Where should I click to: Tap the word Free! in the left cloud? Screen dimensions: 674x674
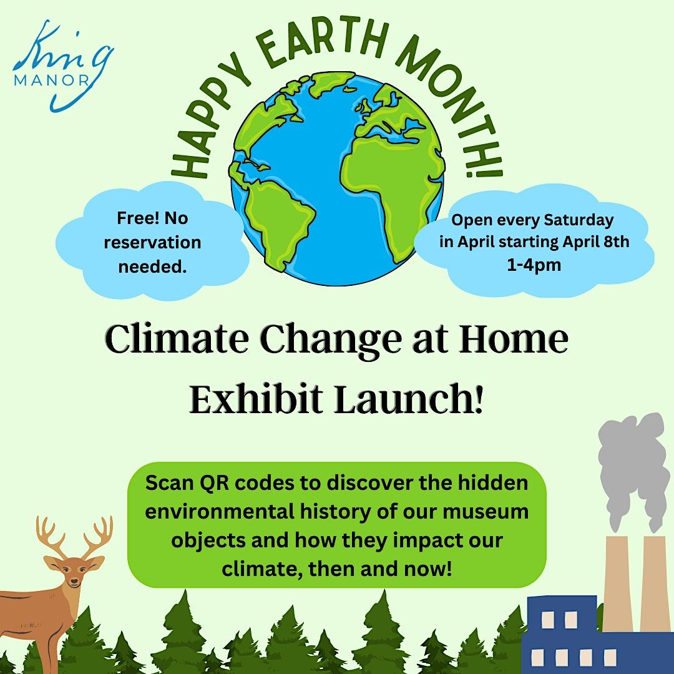[134, 218]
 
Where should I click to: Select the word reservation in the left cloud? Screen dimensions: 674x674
[153, 242]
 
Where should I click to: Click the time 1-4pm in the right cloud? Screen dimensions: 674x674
[534, 265]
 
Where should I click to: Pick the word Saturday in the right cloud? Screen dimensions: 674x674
[579, 220]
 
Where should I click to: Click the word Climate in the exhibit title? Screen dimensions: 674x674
[177, 339]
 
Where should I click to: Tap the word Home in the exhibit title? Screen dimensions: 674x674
[513, 339]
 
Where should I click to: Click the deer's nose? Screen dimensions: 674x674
[74, 581]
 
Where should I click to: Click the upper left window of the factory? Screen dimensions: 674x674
[548, 620]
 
